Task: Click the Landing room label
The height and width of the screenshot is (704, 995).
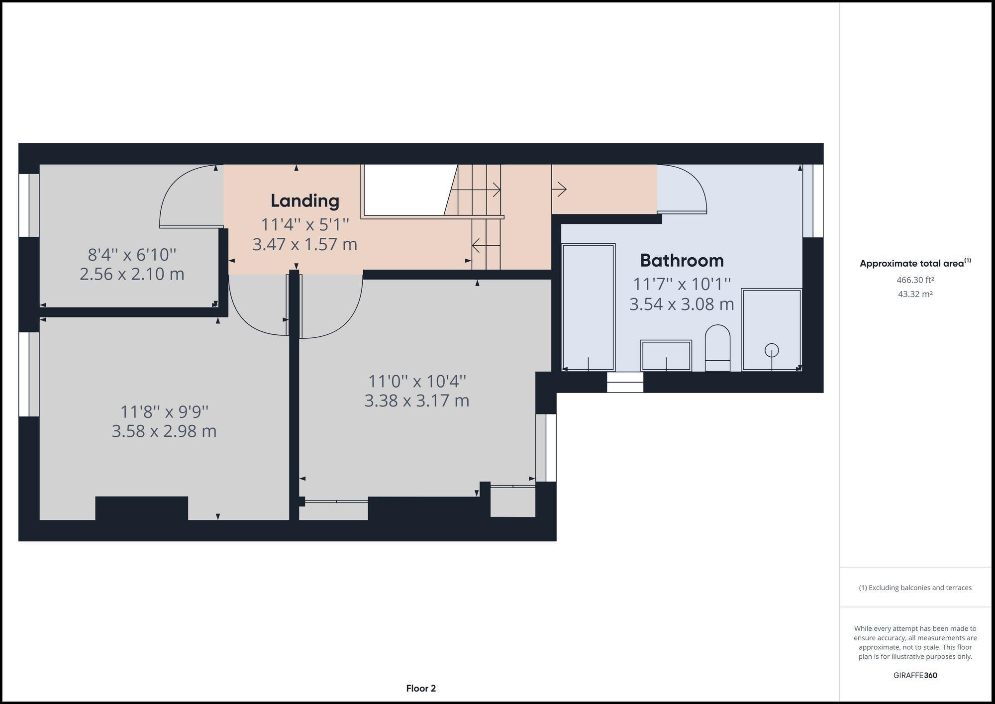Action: (x=304, y=201)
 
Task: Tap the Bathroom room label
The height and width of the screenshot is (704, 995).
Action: (x=682, y=260)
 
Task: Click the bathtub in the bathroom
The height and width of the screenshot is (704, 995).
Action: (x=588, y=306)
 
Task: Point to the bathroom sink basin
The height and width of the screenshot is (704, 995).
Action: (x=666, y=355)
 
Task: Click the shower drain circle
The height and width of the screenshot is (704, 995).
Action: (x=772, y=350)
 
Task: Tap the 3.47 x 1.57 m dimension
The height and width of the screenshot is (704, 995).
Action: (x=304, y=244)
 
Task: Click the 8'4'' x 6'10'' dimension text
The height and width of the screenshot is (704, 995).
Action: (x=132, y=255)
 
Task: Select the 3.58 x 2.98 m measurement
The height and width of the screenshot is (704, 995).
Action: (x=164, y=431)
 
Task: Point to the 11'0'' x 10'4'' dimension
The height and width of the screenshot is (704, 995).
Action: (x=417, y=381)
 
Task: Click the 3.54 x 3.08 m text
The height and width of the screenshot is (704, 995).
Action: (x=682, y=304)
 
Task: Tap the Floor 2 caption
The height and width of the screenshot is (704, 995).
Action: (x=421, y=689)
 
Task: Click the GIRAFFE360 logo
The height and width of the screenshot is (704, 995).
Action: (x=915, y=675)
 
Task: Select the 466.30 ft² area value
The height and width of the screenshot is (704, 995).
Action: (x=915, y=280)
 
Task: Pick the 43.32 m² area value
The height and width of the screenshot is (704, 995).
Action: (x=915, y=294)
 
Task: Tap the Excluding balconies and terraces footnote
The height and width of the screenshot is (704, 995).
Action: (x=915, y=588)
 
